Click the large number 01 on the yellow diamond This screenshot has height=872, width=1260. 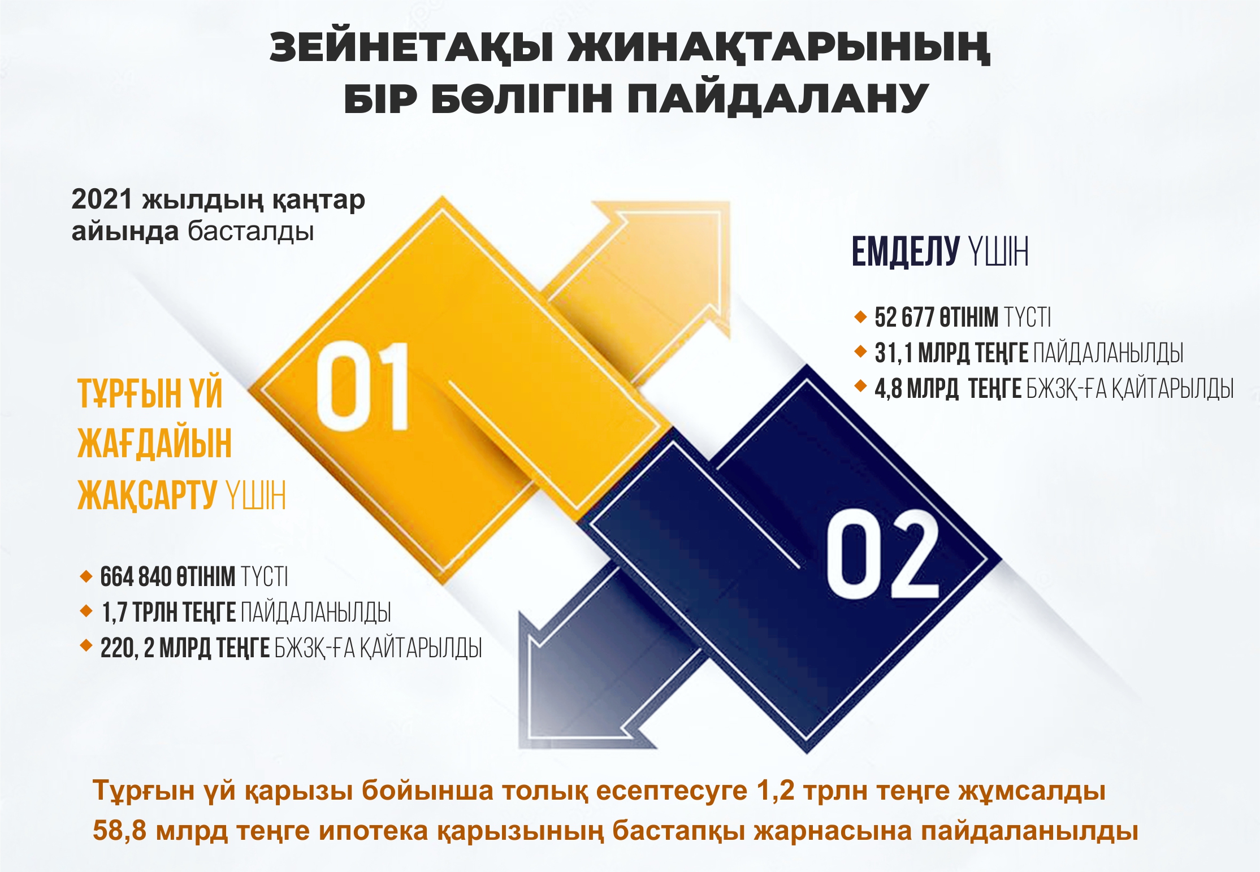click(362, 386)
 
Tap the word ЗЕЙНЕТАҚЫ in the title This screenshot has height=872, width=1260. click(411, 49)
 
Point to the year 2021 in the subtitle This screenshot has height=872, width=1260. click(102, 199)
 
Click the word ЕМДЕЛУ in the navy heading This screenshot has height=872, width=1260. click(906, 251)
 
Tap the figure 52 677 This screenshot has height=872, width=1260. click(904, 317)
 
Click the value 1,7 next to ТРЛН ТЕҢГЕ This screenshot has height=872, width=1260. click(114, 613)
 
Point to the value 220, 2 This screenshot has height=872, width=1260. click(127, 648)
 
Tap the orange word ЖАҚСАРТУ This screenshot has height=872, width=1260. click(147, 495)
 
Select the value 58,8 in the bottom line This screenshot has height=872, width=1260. click(119, 831)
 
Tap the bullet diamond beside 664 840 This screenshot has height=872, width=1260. click(86, 576)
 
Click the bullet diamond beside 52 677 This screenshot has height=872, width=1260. click(860, 316)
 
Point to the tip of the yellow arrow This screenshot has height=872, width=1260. click(730, 202)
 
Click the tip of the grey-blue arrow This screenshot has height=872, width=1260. click(520, 748)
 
